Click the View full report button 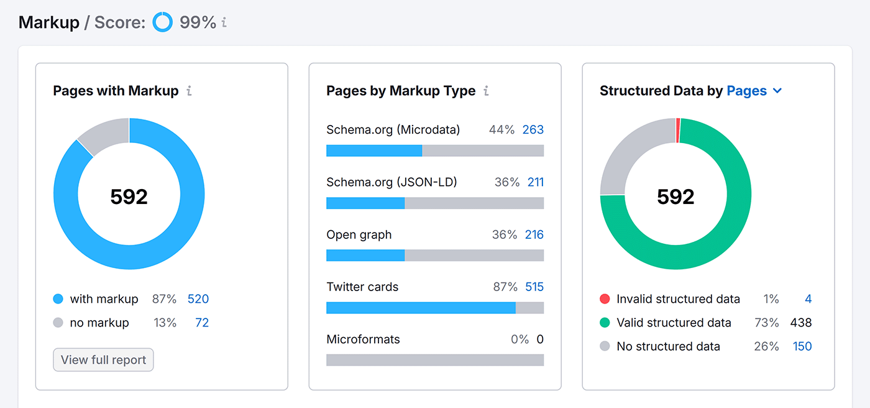pyautogui.click(x=103, y=360)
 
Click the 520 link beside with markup pyautogui.click(x=198, y=299)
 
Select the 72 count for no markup pyautogui.click(x=201, y=323)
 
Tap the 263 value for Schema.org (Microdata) pyautogui.click(x=533, y=130)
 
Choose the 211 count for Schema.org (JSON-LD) pyautogui.click(x=535, y=182)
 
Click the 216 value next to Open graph pyautogui.click(x=534, y=234)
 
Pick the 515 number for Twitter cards pyautogui.click(x=534, y=287)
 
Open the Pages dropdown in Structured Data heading pyautogui.click(x=754, y=91)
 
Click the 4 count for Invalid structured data pyautogui.click(x=808, y=299)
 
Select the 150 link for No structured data pyautogui.click(x=802, y=346)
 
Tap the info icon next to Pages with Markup pyautogui.click(x=189, y=91)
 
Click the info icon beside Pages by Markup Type pyautogui.click(x=486, y=91)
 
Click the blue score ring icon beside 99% pyautogui.click(x=163, y=22)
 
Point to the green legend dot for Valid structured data pyautogui.click(x=605, y=323)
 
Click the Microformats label pyautogui.click(x=363, y=340)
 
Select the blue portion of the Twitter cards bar pyautogui.click(x=420, y=308)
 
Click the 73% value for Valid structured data pyautogui.click(x=766, y=323)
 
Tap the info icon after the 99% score pyautogui.click(x=224, y=23)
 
